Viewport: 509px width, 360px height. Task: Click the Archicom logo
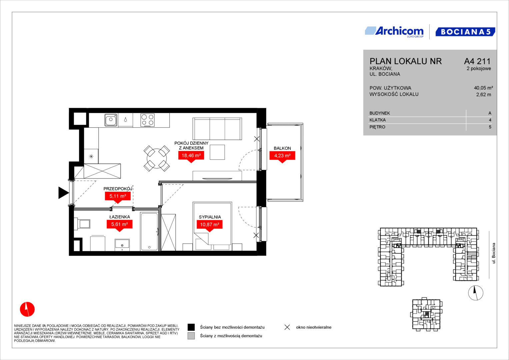coord(394,32)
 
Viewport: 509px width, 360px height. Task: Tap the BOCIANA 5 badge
coord(465,32)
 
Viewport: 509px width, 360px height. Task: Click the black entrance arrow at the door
coord(63,193)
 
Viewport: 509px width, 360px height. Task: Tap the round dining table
coord(157,158)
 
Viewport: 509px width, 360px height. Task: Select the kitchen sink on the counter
coord(111,120)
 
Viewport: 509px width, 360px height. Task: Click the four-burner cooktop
coord(147,120)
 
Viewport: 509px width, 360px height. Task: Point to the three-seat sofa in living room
coord(217,129)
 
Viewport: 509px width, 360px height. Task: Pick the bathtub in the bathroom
coord(149,231)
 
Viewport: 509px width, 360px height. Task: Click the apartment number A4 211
coord(477,61)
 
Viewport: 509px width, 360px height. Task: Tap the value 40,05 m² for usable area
coord(483,88)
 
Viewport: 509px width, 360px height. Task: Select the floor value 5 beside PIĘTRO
coord(490,127)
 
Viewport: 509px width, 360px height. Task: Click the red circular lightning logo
coord(27,309)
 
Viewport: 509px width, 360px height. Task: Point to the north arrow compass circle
coord(476,293)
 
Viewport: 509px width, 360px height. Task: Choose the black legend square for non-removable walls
coord(191,327)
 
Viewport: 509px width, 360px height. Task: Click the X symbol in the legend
coord(287,327)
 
